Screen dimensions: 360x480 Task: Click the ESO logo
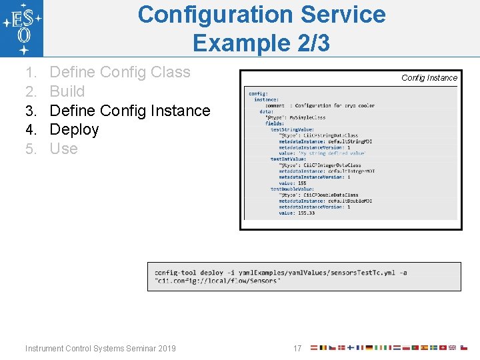[22, 28]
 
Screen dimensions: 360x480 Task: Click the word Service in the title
[347, 15]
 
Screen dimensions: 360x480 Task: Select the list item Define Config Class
[120, 72]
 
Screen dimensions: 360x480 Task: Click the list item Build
[67, 91]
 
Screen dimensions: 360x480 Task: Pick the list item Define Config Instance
[130, 111]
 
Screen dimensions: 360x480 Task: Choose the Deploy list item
[75, 129]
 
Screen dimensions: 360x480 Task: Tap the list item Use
[64, 149]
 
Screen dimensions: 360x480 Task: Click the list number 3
[31, 111]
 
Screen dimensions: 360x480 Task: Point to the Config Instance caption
[429, 78]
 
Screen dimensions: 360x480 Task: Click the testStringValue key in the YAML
[292, 129]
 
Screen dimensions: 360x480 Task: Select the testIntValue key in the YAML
[288, 159]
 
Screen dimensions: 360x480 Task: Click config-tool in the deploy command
[175, 273]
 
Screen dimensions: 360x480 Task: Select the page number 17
[297, 348]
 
